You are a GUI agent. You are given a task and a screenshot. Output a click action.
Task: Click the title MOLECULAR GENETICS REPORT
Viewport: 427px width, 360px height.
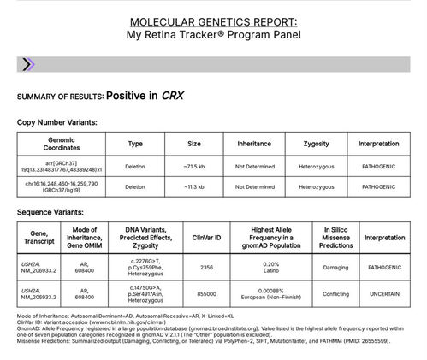click(x=213, y=20)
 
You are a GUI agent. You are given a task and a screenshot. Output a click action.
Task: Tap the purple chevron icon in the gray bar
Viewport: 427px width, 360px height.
click(x=27, y=64)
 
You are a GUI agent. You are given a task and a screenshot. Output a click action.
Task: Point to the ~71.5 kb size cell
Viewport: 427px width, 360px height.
click(x=194, y=166)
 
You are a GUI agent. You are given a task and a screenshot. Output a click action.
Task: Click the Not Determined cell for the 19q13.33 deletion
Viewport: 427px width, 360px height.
click(x=253, y=166)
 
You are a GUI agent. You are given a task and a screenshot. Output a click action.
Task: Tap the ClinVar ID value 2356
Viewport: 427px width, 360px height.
click(x=206, y=267)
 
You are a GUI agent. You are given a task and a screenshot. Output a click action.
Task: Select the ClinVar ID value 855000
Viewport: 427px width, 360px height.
click(x=206, y=294)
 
